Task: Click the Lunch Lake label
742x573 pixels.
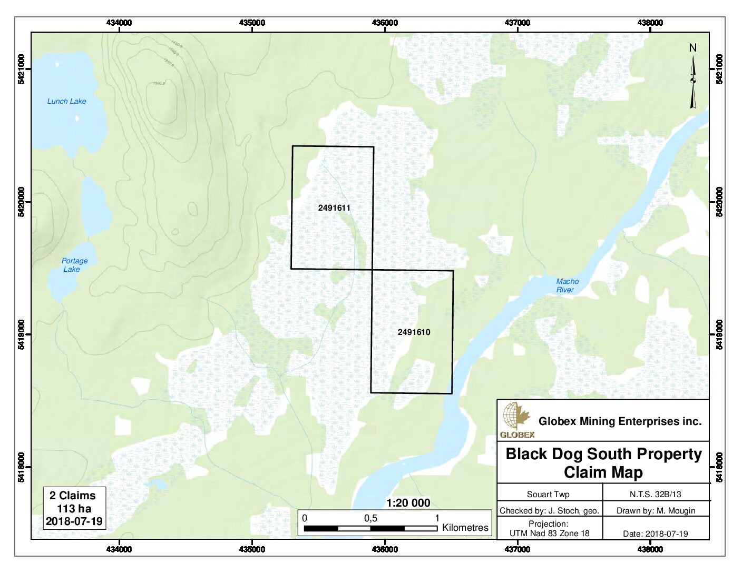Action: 66,101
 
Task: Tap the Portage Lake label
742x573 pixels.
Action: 74,265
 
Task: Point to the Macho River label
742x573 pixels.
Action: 567,285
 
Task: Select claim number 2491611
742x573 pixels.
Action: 334,208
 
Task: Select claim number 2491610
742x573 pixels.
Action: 414,332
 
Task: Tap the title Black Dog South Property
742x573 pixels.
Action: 603,454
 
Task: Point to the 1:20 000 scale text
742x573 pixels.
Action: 408,503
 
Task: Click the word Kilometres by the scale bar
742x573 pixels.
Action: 465,528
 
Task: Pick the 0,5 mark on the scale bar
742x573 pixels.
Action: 370,518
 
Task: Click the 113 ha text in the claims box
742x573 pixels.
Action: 74,509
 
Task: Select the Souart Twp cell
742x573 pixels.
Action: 548,494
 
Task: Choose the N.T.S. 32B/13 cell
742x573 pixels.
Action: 655,494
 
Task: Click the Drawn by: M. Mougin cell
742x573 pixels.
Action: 656,510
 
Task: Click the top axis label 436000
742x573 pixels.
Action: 385,23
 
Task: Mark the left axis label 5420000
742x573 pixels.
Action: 22,202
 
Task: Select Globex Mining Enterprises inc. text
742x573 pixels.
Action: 620,421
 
